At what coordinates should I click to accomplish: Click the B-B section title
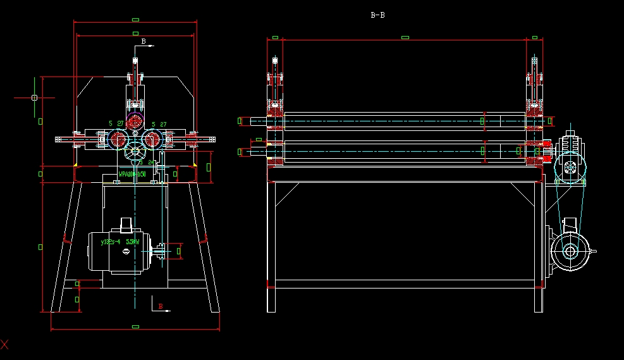[x=377, y=15]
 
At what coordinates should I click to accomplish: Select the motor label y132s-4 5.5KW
[x=120, y=241]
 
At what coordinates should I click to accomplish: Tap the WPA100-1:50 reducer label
[x=132, y=173]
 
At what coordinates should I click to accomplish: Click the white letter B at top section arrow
[x=144, y=42]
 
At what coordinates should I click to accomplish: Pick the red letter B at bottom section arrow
[x=161, y=307]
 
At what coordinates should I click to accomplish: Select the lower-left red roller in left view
[x=118, y=139]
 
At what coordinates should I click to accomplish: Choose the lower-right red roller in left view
[x=151, y=139]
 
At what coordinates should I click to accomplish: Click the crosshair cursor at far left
[x=34, y=97]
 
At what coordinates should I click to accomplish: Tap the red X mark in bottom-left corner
[x=4, y=345]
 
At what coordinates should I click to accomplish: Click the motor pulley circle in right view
[x=570, y=251]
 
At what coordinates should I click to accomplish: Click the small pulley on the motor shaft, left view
[x=162, y=251]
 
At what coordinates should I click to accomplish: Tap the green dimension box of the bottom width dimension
[x=135, y=326]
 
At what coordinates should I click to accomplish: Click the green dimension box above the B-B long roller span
[x=405, y=37]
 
